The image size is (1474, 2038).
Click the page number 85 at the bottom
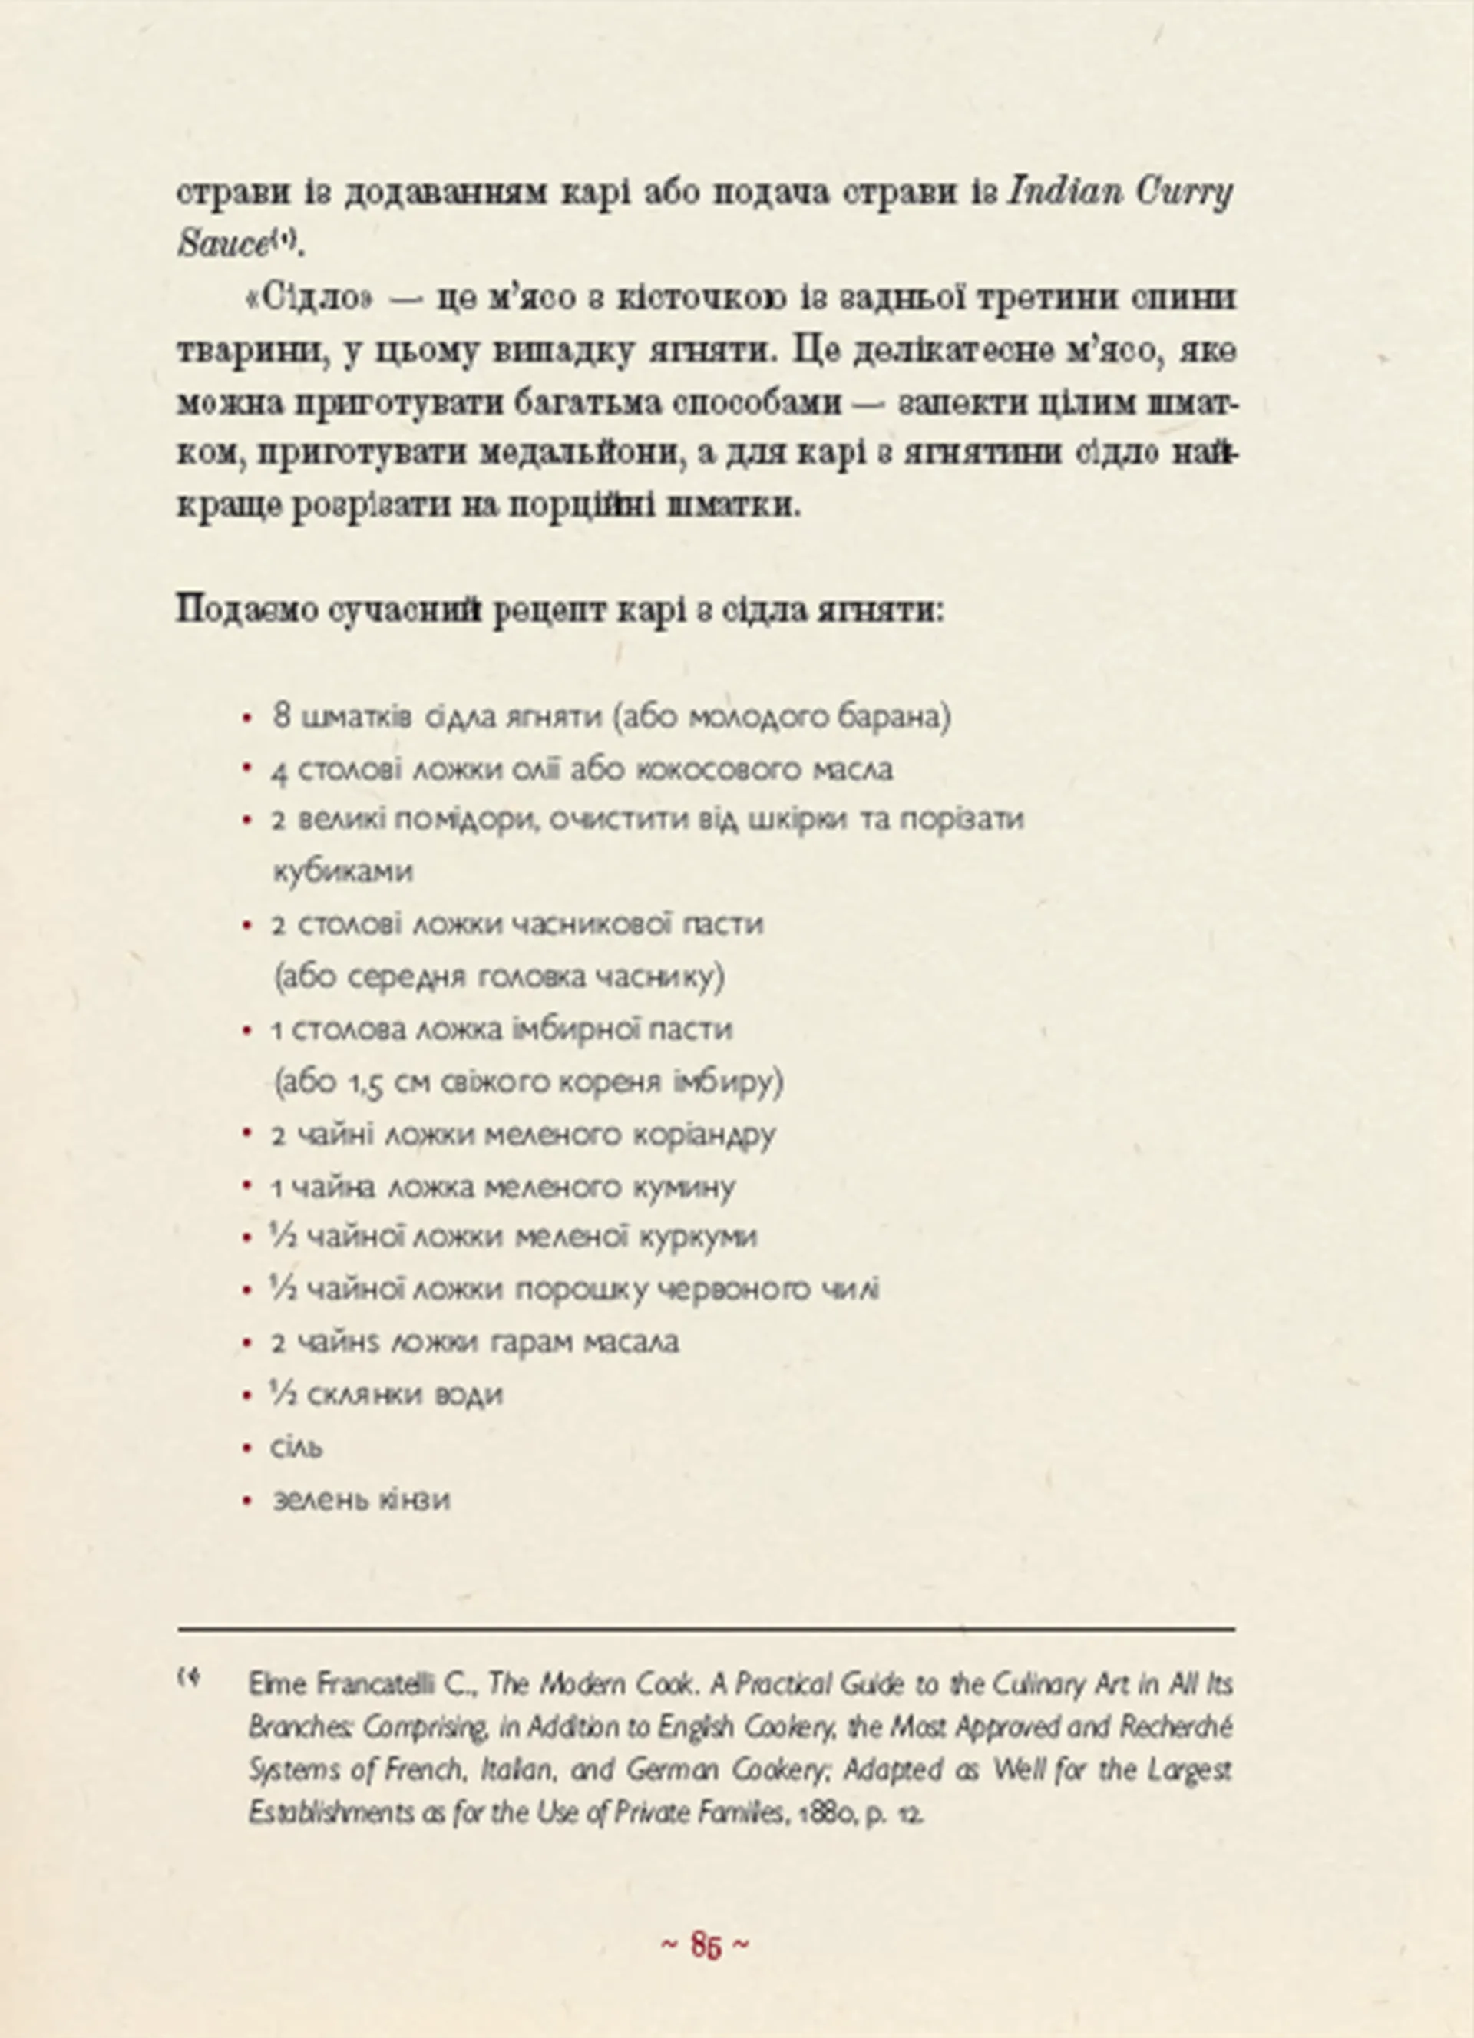coord(706,1944)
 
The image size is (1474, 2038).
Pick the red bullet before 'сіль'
coord(247,1448)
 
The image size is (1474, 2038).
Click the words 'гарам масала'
coord(584,1343)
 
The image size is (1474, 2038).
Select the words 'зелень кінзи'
coord(360,1499)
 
